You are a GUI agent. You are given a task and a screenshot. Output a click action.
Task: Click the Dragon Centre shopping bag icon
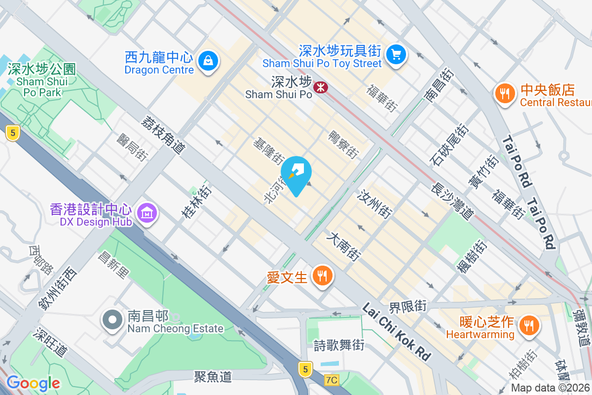pos(208,62)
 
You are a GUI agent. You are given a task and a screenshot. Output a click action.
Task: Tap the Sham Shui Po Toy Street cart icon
pos(396,54)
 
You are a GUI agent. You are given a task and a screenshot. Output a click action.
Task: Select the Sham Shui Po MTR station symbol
pos(321,87)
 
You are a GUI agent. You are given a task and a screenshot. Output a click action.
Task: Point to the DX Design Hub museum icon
pos(147,213)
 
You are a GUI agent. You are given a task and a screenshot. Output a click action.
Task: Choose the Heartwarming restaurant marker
pos(529,325)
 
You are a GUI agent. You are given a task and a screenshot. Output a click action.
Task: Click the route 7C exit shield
pos(333,380)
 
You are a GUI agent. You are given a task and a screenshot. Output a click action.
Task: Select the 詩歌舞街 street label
pos(339,345)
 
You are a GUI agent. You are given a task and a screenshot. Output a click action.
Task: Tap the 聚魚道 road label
pos(213,377)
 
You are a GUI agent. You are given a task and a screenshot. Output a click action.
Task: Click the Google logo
pos(33,383)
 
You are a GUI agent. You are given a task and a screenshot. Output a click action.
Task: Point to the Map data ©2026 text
pos(551,388)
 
